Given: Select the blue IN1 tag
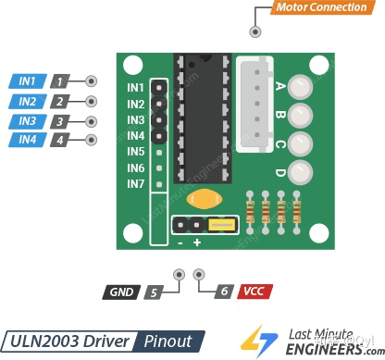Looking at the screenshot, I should pyautogui.click(x=28, y=81).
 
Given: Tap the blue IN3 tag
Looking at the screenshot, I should pyautogui.click(x=28, y=120).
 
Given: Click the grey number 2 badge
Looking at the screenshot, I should pyautogui.click(x=60, y=101).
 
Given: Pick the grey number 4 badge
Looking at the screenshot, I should pyautogui.click(x=60, y=141).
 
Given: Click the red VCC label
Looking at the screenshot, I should pyautogui.click(x=254, y=292).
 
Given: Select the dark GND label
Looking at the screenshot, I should pyautogui.click(x=121, y=292).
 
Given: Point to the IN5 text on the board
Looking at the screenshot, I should pyautogui.click(x=136, y=152).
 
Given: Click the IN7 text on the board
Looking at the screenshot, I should pyautogui.click(x=136, y=184).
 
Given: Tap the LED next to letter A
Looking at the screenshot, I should pyautogui.click(x=299, y=88).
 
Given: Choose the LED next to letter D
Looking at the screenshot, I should pyautogui.click(x=299, y=171).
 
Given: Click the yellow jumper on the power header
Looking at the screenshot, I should pyautogui.click(x=221, y=224).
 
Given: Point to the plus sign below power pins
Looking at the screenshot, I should pyautogui.click(x=197, y=242).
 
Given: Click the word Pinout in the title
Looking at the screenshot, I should pyautogui.click(x=168, y=340).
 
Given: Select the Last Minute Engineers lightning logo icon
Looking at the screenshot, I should pyautogui.click(x=250, y=340).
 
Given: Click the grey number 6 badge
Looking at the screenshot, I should pyautogui.click(x=222, y=292).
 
